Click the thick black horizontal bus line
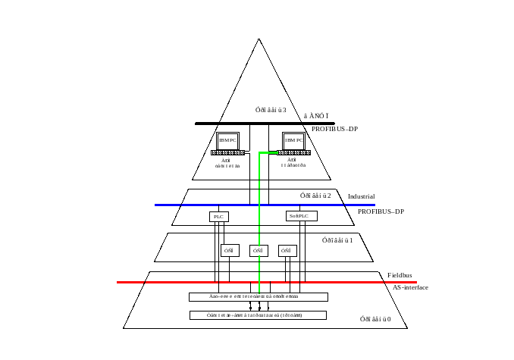coord(227,124)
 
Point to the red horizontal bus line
coord(167,283)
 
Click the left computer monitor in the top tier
coord(228,140)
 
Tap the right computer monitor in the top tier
coord(293,140)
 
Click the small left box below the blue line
coord(218,217)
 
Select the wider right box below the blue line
coord(301,217)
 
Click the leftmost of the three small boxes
coord(230,249)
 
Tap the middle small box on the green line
coord(259,249)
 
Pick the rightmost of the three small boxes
coord(286,249)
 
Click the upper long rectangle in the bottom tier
coord(258,296)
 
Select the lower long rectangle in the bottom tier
coord(258,315)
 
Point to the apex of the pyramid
coord(261,39)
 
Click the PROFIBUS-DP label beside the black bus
coord(334,129)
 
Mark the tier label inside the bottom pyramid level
coord(377,317)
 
